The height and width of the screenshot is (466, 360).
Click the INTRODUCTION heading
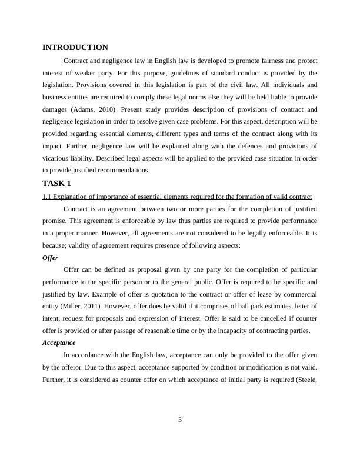pyautogui.click(x=75, y=48)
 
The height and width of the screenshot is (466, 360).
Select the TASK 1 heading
pyautogui.click(x=56, y=183)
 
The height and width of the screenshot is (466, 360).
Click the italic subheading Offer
pyautogui.click(x=51, y=258)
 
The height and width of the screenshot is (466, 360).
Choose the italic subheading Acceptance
pyautogui.click(x=59, y=342)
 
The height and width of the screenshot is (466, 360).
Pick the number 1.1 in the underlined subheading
pyautogui.click(x=48, y=196)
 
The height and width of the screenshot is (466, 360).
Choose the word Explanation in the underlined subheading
pyautogui.click(x=73, y=196)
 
